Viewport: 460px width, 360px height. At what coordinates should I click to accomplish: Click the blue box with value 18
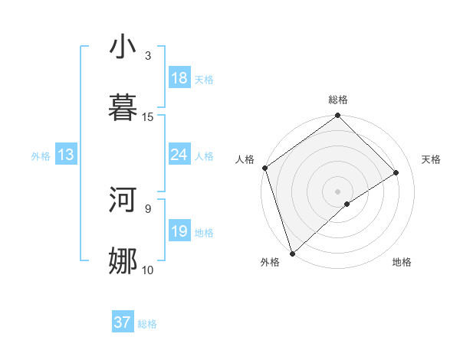(179, 78)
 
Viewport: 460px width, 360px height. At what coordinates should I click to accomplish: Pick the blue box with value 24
(179, 155)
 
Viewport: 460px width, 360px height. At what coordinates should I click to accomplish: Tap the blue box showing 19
(179, 231)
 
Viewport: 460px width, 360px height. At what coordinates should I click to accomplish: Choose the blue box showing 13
(65, 155)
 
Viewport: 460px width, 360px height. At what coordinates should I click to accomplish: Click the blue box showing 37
(123, 322)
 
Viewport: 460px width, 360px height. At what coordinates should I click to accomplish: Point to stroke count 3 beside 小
(147, 55)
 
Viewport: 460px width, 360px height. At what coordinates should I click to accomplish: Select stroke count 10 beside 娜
(148, 269)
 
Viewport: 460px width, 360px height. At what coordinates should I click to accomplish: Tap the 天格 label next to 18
(204, 79)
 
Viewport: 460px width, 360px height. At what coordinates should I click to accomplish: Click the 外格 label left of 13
(41, 155)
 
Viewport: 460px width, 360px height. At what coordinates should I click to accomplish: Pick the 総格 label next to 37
(147, 324)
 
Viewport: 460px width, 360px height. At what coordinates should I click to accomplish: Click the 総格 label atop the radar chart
(338, 100)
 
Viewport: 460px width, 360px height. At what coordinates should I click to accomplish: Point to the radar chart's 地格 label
(402, 262)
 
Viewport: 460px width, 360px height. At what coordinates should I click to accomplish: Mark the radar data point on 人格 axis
(264, 168)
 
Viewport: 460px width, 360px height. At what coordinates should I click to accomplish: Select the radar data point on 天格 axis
(396, 172)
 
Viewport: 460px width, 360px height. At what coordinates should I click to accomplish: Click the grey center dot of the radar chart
(337, 191)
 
